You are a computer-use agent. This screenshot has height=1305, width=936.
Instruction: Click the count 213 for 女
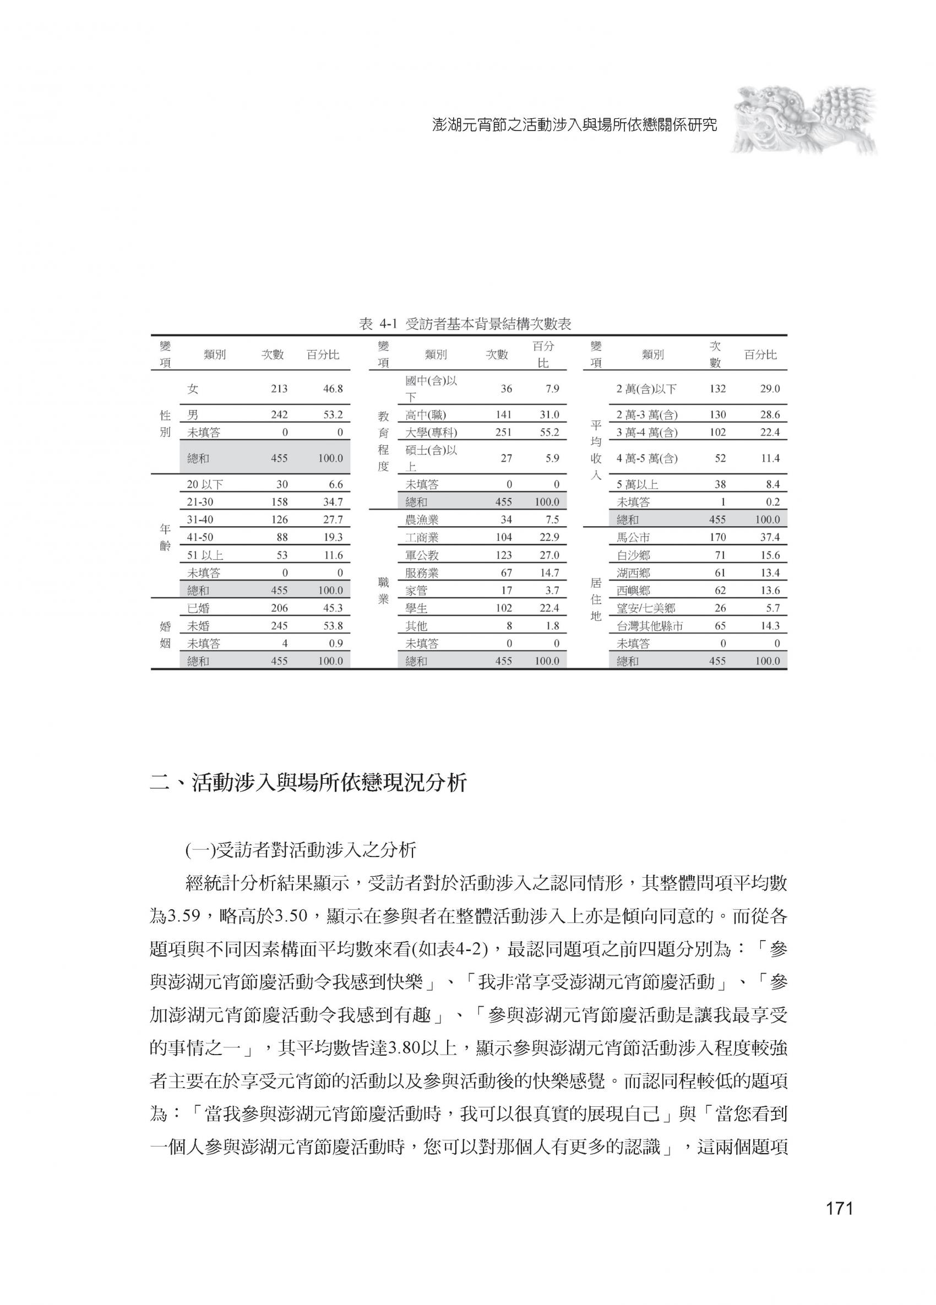pos(279,389)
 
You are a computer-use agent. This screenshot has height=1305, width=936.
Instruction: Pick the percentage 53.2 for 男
pos(333,414)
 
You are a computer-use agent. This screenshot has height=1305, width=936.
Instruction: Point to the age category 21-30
pos(200,502)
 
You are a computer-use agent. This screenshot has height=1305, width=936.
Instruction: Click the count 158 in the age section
pos(279,502)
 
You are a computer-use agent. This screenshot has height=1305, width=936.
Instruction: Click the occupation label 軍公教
pos(422,555)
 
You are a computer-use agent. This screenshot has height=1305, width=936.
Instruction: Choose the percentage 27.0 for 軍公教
pos(549,555)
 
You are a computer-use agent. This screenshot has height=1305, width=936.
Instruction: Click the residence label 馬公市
pos(633,537)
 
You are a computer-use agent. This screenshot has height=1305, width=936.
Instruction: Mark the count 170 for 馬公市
pos(717,537)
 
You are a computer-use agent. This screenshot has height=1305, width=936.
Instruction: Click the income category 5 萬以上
pos(637,484)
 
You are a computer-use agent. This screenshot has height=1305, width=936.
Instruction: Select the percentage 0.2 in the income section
pos(772,502)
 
